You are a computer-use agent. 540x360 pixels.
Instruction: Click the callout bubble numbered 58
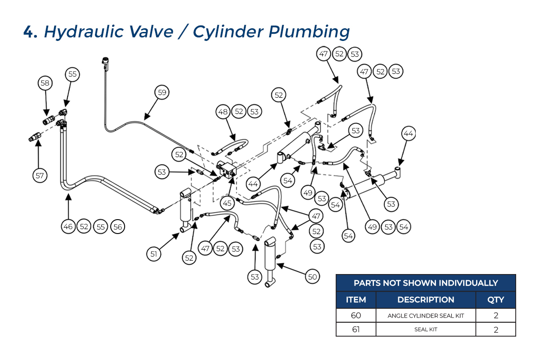point(45,83)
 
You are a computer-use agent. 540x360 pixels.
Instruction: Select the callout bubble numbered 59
point(162,92)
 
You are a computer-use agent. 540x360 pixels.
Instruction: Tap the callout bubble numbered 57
point(40,175)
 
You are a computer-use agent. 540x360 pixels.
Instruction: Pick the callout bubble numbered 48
point(223,112)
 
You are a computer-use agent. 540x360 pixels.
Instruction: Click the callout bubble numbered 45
point(227,203)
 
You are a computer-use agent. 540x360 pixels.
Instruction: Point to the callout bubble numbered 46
point(68,226)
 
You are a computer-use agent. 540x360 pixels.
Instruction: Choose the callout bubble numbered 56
point(117,227)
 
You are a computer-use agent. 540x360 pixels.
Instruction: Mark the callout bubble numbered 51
point(154,254)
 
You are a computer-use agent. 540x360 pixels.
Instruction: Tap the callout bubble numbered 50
point(312,277)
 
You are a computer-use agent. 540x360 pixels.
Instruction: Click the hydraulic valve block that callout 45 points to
point(227,170)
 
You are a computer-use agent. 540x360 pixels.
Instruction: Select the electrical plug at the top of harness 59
point(105,63)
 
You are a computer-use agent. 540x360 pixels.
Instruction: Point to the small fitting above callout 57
point(35,137)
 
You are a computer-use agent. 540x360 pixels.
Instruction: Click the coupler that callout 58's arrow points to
point(49,120)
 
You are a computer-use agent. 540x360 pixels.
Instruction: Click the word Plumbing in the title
point(309,32)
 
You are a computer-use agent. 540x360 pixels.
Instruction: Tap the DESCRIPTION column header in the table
point(426,300)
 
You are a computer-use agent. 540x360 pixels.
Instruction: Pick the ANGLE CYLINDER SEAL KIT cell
point(426,315)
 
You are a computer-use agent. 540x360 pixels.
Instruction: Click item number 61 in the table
point(356,329)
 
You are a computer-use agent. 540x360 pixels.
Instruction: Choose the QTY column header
point(495,300)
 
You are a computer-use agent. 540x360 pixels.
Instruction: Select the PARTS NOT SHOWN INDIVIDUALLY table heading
point(426,283)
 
